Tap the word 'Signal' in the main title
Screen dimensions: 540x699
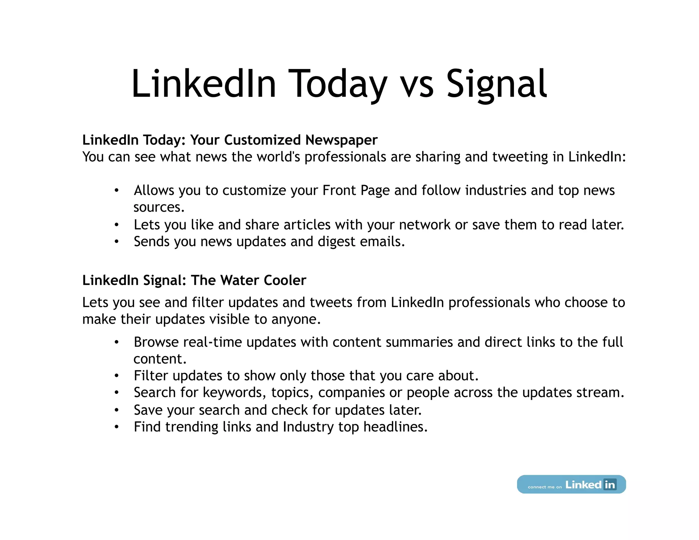coord(497,84)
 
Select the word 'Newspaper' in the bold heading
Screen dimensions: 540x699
coord(341,140)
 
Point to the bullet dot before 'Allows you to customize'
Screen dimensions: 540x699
coord(117,190)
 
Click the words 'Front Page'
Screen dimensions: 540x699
coord(356,190)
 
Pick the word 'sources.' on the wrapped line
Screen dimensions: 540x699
coord(159,208)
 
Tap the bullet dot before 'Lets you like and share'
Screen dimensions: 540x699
coord(117,225)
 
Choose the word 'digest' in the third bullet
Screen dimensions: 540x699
coord(336,242)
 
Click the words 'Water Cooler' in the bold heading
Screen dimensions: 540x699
coord(263,280)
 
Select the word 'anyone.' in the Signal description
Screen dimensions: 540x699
coord(296,319)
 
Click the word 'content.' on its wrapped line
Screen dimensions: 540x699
coord(160,359)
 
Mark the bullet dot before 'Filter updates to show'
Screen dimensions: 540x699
coord(117,376)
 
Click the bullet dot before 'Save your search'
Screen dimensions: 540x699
coord(117,410)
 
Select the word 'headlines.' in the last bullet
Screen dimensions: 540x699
coord(395,427)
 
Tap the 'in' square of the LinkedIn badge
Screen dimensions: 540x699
coord(610,484)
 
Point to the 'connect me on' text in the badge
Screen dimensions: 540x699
coord(544,487)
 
